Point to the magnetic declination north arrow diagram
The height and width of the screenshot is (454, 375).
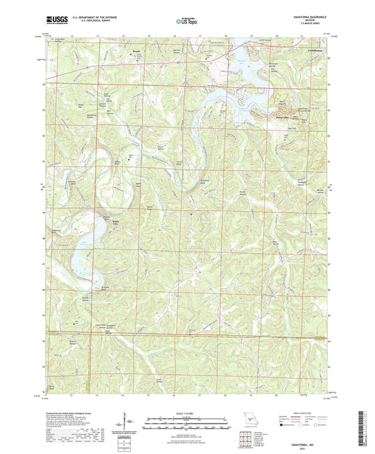[x=129, y=424]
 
